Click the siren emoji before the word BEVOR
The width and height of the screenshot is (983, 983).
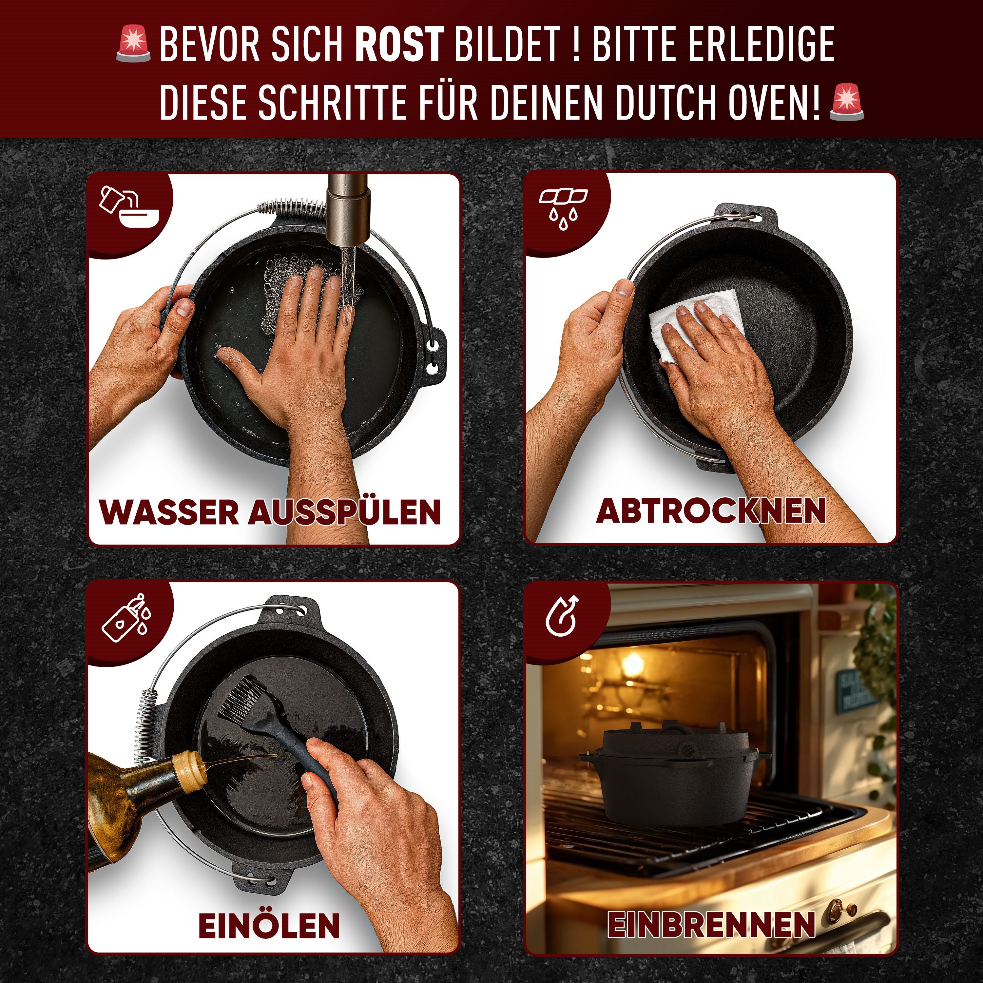[x=133, y=45]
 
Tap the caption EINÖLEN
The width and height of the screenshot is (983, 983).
[x=269, y=925]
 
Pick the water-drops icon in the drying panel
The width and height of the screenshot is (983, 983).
[x=563, y=209]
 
